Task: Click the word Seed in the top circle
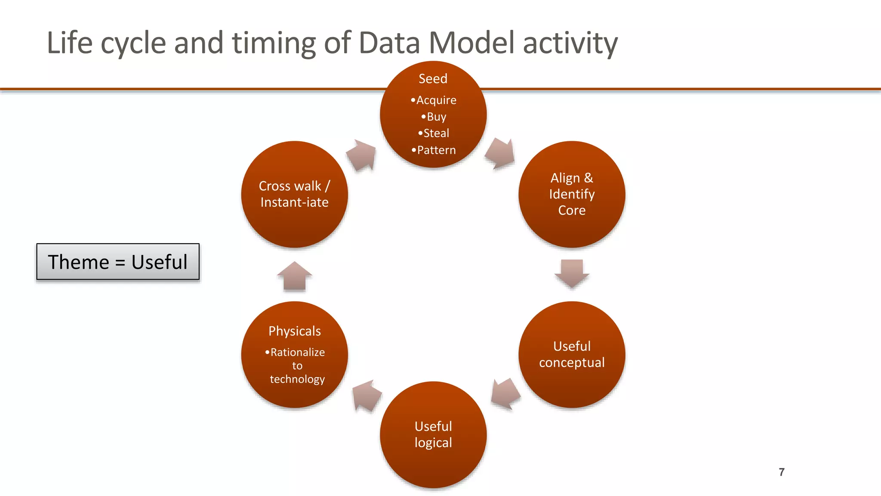(433, 79)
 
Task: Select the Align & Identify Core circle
(572, 194)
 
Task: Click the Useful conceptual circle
(572, 354)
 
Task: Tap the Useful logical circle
(433, 434)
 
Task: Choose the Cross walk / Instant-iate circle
(294, 194)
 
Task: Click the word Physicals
(295, 331)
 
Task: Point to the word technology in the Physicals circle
(297, 379)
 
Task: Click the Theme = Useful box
(118, 262)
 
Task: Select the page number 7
(782, 472)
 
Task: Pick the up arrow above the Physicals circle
(294, 276)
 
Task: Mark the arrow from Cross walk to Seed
(361, 155)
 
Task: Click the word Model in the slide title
(471, 43)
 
